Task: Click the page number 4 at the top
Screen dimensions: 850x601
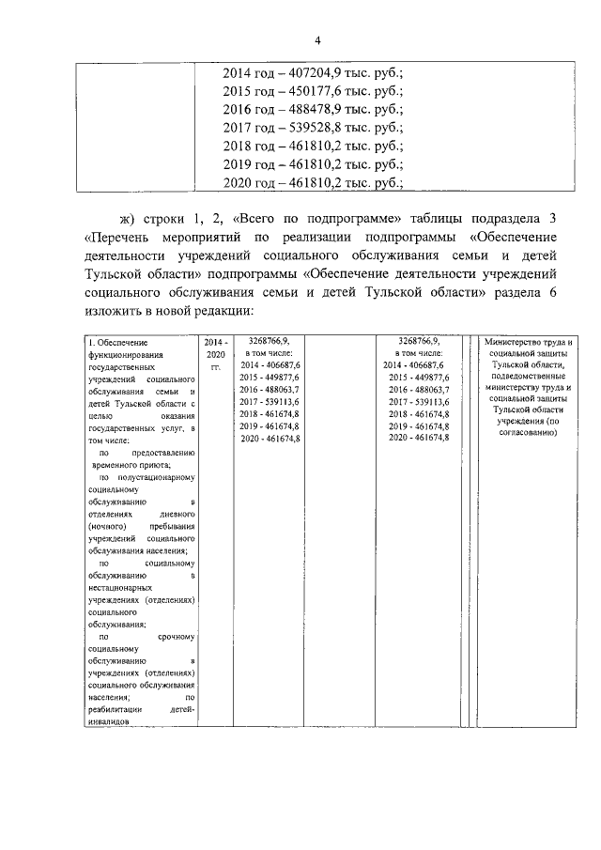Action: point(318,39)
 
